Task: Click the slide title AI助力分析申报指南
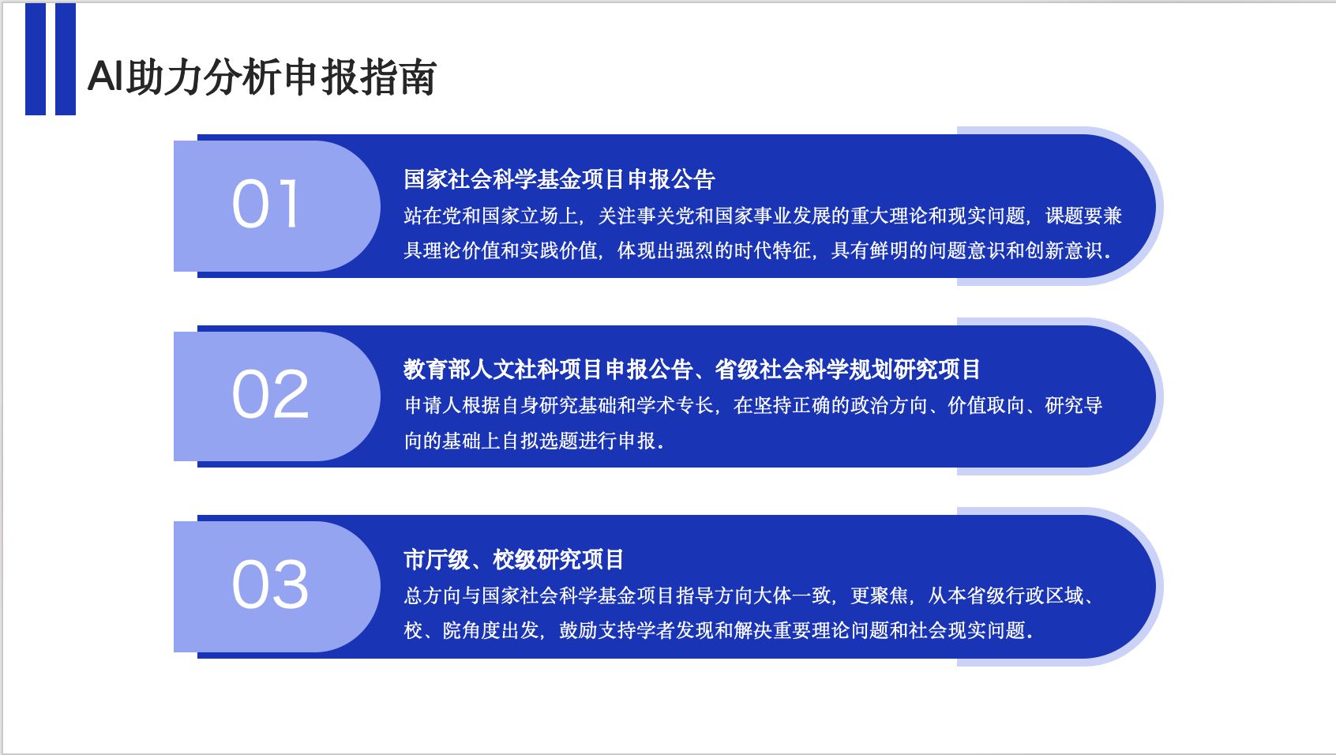(x=262, y=77)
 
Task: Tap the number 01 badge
(x=265, y=205)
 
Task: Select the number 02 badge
(x=270, y=393)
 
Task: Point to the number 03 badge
(x=270, y=584)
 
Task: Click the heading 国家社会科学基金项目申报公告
(x=560, y=179)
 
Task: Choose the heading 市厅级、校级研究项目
(x=513, y=559)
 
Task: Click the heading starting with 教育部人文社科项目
(x=692, y=369)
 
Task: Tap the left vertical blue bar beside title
(x=36, y=58)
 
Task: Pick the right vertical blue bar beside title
(x=66, y=58)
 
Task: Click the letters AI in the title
(x=106, y=77)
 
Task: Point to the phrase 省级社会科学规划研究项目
(x=847, y=369)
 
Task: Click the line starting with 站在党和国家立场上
(x=763, y=216)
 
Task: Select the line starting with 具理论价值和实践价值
(x=758, y=250)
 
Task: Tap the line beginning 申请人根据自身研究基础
(x=753, y=405)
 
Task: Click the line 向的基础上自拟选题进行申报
(x=535, y=441)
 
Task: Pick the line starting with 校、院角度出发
(x=719, y=630)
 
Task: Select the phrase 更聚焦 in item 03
(x=879, y=595)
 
